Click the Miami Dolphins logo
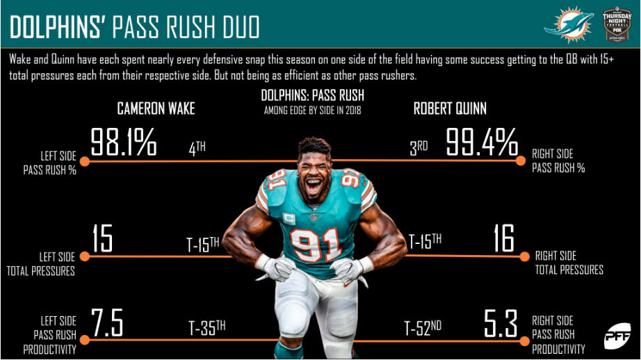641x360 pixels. pyautogui.click(x=569, y=24)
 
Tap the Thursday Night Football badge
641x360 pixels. pyautogui.click(x=617, y=24)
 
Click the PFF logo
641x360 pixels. pyautogui.click(x=617, y=336)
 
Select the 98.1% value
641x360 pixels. pyautogui.click(x=124, y=142)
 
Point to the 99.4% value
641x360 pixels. pyautogui.click(x=482, y=142)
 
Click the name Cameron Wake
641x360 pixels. pyautogui.click(x=156, y=108)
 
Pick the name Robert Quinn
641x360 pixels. pyautogui.click(x=450, y=108)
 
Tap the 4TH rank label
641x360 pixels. pyautogui.click(x=197, y=149)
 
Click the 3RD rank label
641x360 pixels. pyautogui.click(x=419, y=148)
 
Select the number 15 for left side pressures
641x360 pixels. pyautogui.click(x=102, y=238)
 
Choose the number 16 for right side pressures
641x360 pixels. pyautogui.click(x=503, y=238)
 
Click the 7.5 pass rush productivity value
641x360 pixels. pyautogui.click(x=107, y=322)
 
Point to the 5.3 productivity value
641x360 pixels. pyautogui.click(x=501, y=323)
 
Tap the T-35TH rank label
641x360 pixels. pyautogui.click(x=207, y=328)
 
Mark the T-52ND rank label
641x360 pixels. pyautogui.click(x=423, y=328)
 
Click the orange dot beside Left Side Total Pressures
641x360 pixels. pyautogui.click(x=85, y=256)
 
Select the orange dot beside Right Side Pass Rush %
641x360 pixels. pyautogui.click(x=521, y=161)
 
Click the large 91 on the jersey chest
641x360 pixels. pyautogui.click(x=315, y=245)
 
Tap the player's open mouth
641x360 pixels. pyautogui.click(x=314, y=186)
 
